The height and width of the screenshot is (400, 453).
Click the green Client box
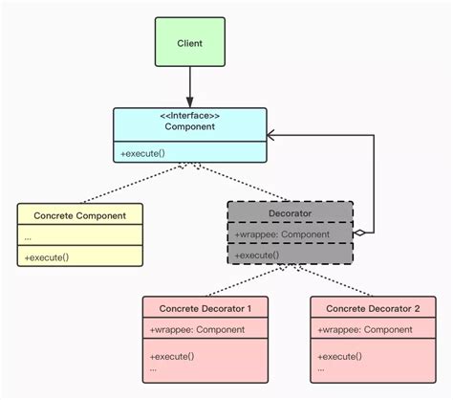pos(189,43)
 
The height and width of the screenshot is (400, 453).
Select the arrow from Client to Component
pos(189,88)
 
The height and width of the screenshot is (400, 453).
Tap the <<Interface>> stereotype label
pos(189,115)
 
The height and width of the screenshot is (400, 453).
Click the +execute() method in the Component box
pos(141,153)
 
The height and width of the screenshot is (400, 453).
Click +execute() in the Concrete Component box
pos(47,256)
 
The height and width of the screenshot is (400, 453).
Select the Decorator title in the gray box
pos(291,213)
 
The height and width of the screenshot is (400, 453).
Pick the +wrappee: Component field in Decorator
pos(281,233)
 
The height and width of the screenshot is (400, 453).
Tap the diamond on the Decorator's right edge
pos(358,233)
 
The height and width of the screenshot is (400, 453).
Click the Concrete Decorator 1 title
pos(205,308)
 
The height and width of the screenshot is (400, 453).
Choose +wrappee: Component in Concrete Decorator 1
pos(197,329)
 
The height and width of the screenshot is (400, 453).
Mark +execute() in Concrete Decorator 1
pos(172,355)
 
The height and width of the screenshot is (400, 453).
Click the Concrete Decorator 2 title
pos(372,308)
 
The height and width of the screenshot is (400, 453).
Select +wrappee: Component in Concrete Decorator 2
pos(364,329)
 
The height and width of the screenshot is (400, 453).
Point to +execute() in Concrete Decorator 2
pos(339,355)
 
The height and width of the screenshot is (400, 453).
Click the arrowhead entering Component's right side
pos(271,135)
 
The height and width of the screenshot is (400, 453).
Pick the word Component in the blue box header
pos(189,126)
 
